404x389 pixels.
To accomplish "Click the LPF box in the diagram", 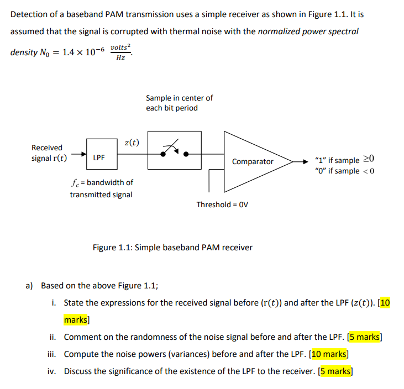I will pyautogui.click(x=99, y=157).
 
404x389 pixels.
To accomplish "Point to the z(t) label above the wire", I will pyautogui.click(x=132, y=143).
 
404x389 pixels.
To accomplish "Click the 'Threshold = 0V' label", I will pyautogui.click(x=222, y=204).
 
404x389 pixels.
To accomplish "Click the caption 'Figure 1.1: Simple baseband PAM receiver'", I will pyautogui.click(x=172, y=247).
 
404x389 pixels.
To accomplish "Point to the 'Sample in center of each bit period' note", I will pyautogui.click(x=179, y=103).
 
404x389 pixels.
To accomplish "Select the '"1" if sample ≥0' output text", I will pyautogui.click(x=343, y=160).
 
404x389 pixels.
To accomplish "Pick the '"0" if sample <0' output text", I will pyautogui.click(x=343, y=171).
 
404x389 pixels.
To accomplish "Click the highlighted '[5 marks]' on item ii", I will pyautogui.click(x=363, y=337).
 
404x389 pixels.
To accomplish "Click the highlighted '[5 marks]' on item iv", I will pyautogui.click(x=335, y=371).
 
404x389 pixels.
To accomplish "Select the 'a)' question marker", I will pyautogui.click(x=30, y=286).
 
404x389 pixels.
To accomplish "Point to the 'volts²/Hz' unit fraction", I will pyautogui.click(x=121, y=52).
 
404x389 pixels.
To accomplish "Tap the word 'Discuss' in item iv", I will pyautogui.click(x=78, y=371).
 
